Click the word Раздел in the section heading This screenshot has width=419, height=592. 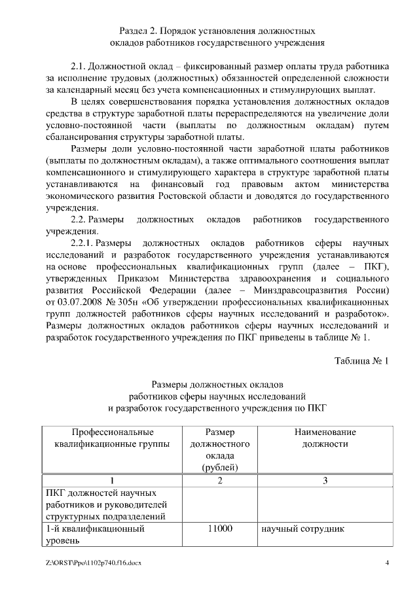point(136,31)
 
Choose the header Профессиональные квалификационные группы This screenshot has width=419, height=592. point(113,438)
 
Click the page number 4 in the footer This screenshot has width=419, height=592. point(387,563)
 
